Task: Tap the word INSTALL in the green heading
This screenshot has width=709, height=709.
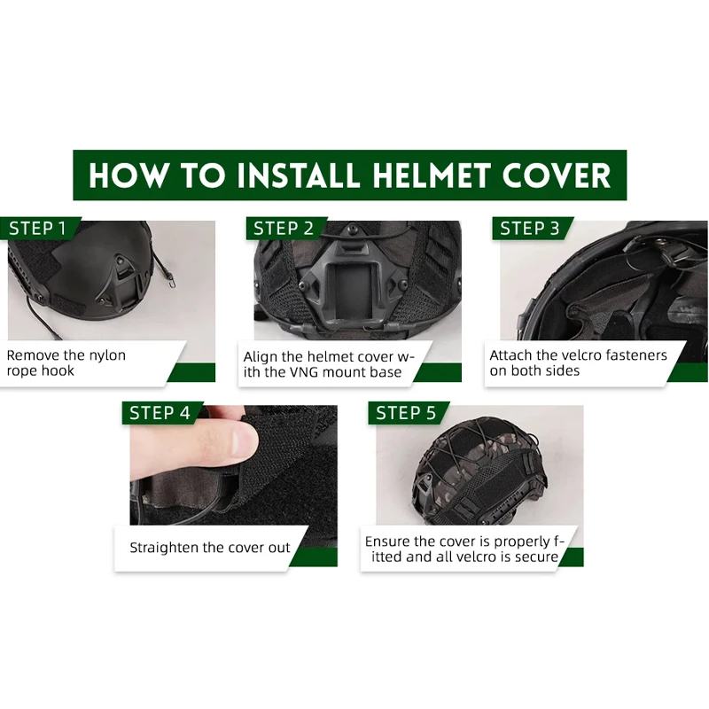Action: [299, 175]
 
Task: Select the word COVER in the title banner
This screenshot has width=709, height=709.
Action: [557, 175]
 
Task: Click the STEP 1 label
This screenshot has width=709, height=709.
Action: [37, 229]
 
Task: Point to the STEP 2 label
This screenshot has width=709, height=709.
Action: [284, 229]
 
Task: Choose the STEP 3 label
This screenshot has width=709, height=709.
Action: [529, 229]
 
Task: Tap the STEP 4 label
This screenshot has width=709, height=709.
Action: [160, 413]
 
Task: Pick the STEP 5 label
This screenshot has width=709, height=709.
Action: [406, 413]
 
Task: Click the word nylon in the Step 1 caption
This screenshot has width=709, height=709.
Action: [107, 356]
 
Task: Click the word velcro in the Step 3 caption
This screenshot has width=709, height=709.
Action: [580, 355]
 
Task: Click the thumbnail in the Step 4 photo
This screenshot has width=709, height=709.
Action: [244, 440]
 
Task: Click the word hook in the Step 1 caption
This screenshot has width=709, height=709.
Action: [59, 370]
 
